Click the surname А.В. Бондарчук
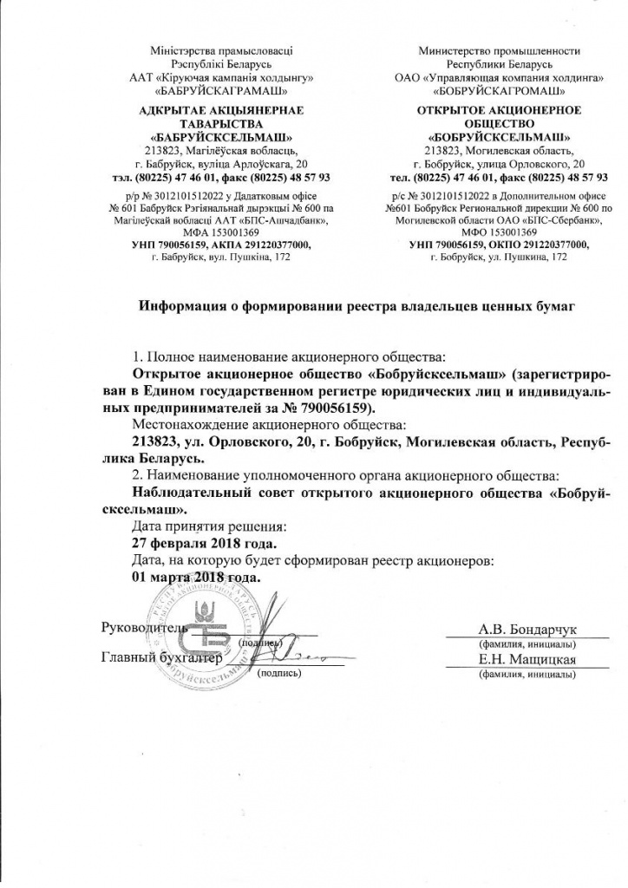(x=527, y=630)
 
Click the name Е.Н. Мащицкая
(x=526, y=661)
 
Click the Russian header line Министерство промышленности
(x=499, y=51)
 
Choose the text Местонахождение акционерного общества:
(x=268, y=425)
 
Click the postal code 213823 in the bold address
(x=157, y=441)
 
